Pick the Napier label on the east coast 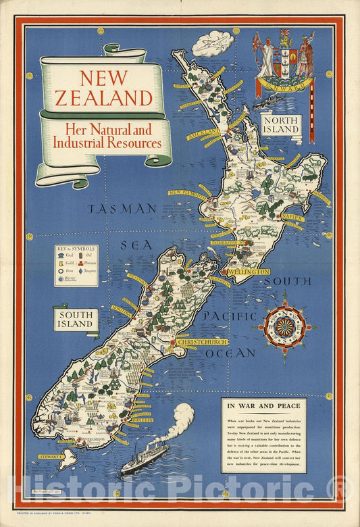pyautogui.click(x=293, y=218)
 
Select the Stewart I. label pyautogui.click(x=51, y=457)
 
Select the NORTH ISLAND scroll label pyautogui.click(x=281, y=124)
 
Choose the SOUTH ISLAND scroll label pyautogui.click(x=75, y=319)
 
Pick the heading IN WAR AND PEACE pyautogui.click(x=263, y=406)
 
